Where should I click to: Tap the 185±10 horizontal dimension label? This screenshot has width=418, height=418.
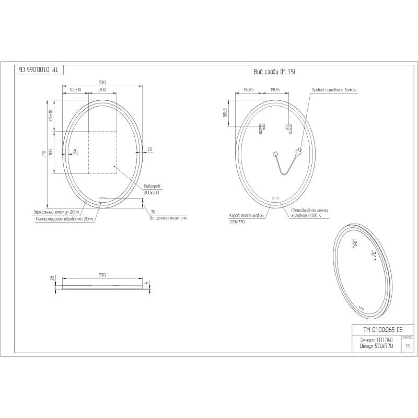point(75,90)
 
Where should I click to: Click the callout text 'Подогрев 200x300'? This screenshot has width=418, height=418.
point(151,190)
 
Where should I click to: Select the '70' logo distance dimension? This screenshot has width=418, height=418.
point(153,212)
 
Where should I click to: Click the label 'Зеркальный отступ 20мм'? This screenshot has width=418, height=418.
point(56,212)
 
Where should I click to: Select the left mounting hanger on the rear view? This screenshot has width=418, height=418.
point(263,127)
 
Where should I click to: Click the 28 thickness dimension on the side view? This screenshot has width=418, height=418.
point(52,279)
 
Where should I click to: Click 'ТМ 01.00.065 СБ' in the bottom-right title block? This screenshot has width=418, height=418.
point(383,330)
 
